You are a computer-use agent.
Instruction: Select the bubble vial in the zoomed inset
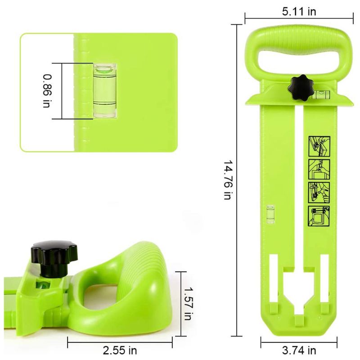point(104,90)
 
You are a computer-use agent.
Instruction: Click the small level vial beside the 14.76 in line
point(271,214)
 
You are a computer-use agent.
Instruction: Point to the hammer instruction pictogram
point(319,192)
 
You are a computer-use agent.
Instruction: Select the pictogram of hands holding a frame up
point(319,169)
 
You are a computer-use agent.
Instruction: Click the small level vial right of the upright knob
point(321,94)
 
